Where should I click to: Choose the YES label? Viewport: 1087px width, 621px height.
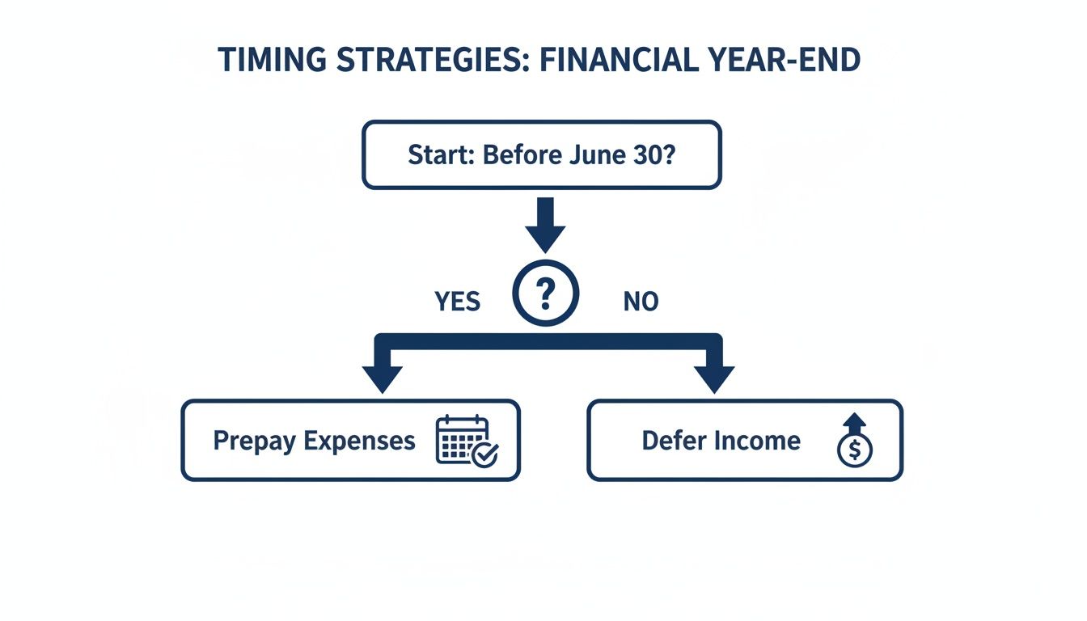coord(457,302)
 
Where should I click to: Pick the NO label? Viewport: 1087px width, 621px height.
coord(641,302)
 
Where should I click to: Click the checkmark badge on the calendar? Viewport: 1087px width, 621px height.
coord(486,454)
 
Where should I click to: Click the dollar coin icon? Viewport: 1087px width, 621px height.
coord(855,450)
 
